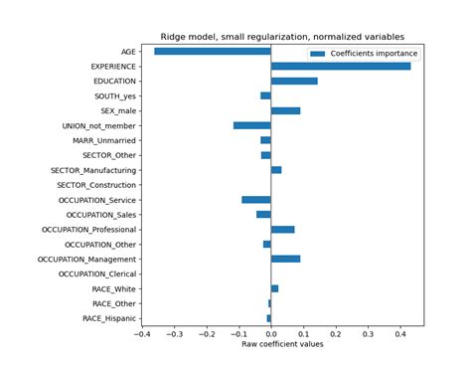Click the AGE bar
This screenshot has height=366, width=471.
tap(213, 51)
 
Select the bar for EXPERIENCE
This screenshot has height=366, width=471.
tap(340, 66)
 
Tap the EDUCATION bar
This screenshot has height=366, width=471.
tap(294, 81)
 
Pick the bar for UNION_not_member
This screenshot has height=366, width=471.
tap(252, 125)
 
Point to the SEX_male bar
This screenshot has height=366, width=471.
tap(285, 110)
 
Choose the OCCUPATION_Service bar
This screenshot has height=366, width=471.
tap(256, 199)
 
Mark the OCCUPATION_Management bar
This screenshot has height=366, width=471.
tap(285, 259)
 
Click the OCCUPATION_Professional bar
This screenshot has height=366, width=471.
tap(282, 229)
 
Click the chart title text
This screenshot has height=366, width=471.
tap(283, 33)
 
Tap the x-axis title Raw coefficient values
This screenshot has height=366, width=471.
tap(283, 345)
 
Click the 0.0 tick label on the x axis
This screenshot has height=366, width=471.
tap(271, 334)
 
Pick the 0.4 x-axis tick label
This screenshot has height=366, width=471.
tap(400, 334)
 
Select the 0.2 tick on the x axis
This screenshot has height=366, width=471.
tap(336, 334)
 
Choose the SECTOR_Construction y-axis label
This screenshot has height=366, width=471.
tap(96, 184)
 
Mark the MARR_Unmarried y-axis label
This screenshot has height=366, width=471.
tap(104, 140)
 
